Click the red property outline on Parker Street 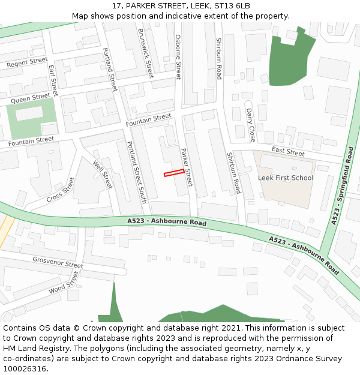174,173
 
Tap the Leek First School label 286,178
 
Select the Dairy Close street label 250,125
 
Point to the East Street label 288,152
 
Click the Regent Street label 26,62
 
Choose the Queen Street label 31,97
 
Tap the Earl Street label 53,81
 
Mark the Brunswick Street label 146,53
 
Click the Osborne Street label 178,56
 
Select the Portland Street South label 136,172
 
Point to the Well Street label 103,175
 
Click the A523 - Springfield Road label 341,185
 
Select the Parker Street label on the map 186,167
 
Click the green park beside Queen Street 32,119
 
